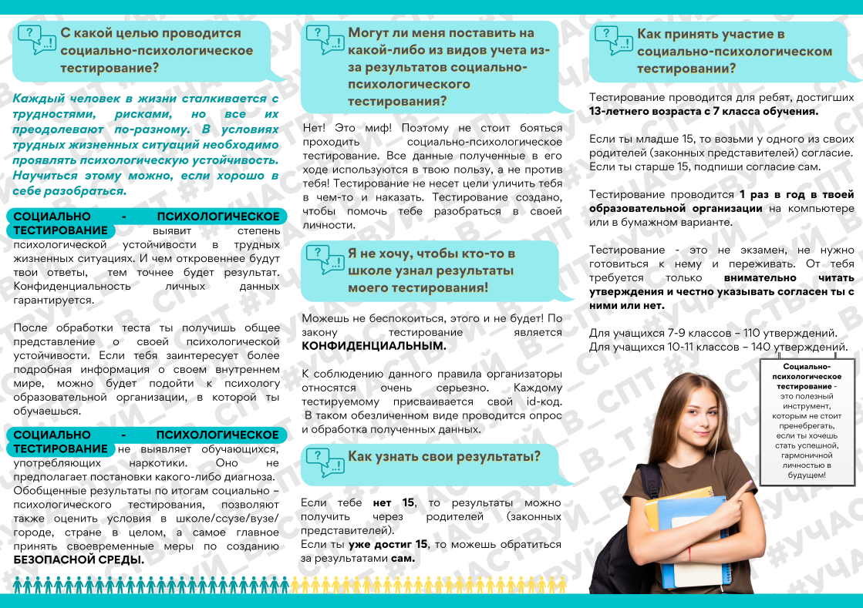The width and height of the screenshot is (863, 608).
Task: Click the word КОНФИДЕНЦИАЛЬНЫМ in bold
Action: click(x=374, y=346)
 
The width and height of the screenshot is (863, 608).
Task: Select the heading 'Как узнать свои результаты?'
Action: click(x=444, y=456)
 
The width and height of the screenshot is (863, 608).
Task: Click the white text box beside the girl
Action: click(x=805, y=421)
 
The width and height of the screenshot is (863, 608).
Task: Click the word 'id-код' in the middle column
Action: click(x=540, y=401)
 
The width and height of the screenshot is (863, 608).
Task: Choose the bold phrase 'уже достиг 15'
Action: click(x=379, y=545)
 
